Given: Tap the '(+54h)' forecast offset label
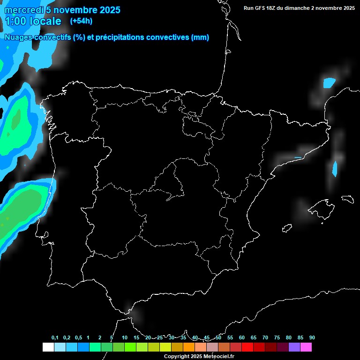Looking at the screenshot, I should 81,21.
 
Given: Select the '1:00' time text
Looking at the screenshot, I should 16,21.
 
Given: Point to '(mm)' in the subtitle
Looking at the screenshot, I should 200,37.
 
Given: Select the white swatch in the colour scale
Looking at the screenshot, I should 48,347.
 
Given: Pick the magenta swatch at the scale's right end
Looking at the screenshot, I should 306,347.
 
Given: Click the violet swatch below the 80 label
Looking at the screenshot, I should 294,347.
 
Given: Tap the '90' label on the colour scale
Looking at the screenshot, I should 312,337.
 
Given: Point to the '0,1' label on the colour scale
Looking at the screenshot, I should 55,337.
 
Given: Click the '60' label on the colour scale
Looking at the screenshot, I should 242,337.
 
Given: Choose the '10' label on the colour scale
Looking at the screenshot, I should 125,337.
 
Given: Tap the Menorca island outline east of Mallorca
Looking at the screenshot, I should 348,198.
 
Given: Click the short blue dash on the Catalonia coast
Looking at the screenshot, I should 298,157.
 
